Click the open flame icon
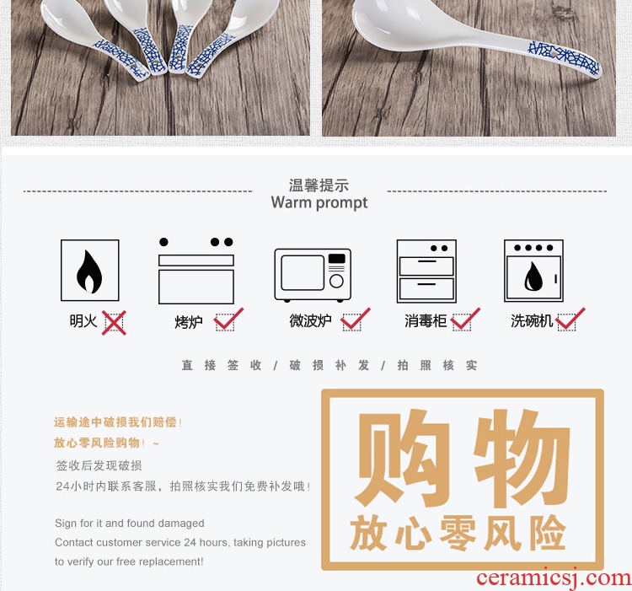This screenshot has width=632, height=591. tap(90, 270)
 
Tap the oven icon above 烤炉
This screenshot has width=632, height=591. tap(195, 271)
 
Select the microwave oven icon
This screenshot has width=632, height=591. tap(313, 275)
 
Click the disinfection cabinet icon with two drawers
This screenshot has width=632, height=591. tap(426, 271)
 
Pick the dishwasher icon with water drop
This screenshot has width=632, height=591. tap(533, 271)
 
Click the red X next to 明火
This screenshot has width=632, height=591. tap(114, 323)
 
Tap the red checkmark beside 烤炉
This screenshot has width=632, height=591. tap(228, 319)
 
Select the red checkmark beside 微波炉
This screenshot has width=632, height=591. tap(356, 319)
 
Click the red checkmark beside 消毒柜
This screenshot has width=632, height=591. tap(465, 319)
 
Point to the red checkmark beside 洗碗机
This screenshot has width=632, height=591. tap(570, 319)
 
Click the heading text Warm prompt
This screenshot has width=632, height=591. tap(319, 203)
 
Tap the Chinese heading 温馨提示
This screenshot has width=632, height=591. tap(319, 185)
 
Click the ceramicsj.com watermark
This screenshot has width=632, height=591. tap(554, 578)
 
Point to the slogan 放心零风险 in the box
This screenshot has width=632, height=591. tap(458, 533)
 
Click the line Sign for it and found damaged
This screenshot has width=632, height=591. tap(130, 524)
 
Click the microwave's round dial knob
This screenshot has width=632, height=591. tap(336, 281)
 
